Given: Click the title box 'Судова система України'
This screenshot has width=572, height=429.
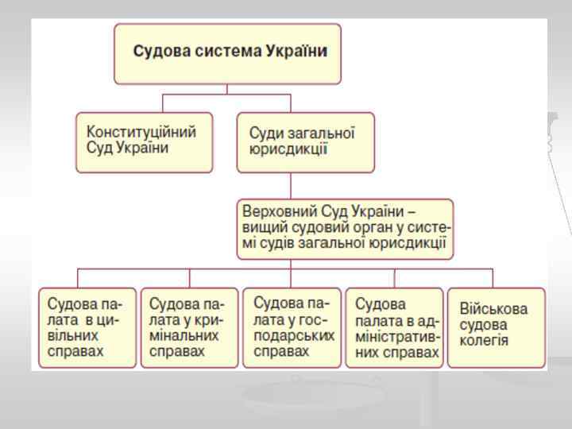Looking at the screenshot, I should tap(227, 53).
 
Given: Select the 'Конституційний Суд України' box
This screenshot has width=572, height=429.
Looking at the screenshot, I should tap(144, 141).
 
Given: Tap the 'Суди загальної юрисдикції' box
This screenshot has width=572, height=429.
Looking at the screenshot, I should tap(305, 141).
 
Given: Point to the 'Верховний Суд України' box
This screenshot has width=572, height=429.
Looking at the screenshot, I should tap(345, 228).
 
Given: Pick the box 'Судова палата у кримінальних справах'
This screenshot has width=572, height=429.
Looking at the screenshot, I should tap(188, 327).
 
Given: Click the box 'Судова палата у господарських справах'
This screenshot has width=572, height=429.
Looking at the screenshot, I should tap(291, 327).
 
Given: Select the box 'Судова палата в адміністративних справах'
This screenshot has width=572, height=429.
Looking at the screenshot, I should tap(394, 327).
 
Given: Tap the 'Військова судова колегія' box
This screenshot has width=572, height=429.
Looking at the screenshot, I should tap(496, 327).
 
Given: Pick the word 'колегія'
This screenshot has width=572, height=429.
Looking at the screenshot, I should tap(484, 342).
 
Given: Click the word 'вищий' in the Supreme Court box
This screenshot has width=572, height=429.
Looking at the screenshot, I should tap(260, 228).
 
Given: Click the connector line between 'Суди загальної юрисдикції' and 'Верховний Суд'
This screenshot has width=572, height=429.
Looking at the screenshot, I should tap(291, 186).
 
